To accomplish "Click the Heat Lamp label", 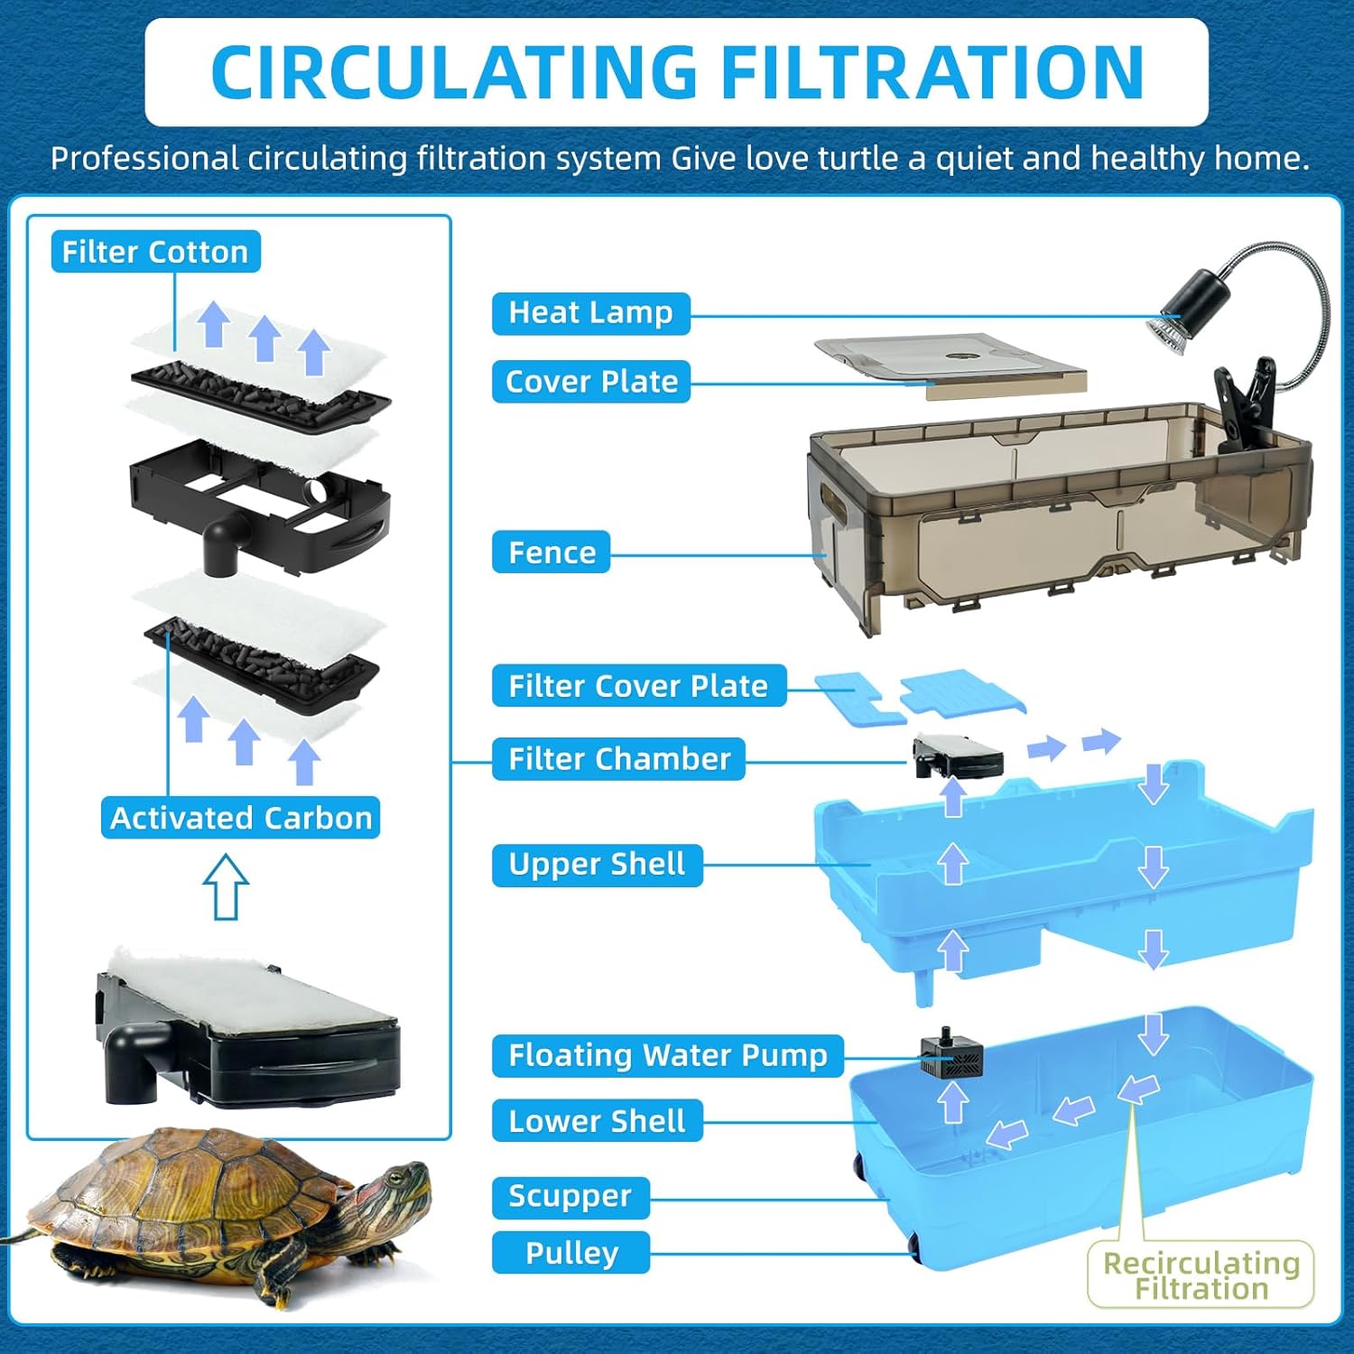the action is point(590,313).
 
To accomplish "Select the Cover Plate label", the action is point(591,382).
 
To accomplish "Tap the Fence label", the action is point(552,552).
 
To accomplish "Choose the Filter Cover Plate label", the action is point(638,686).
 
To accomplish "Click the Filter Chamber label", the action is point(619,759).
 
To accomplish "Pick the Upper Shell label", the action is point(597,865).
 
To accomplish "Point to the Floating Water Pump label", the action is point(667,1055).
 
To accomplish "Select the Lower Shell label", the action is point(597,1121).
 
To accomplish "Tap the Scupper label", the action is point(570,1197).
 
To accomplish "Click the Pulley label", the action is point(571,1253).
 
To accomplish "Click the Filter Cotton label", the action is point(155,252).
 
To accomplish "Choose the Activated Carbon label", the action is point(240,818).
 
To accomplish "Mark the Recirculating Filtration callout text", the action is point(1201,1275).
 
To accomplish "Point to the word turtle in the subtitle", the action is point(857,159).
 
